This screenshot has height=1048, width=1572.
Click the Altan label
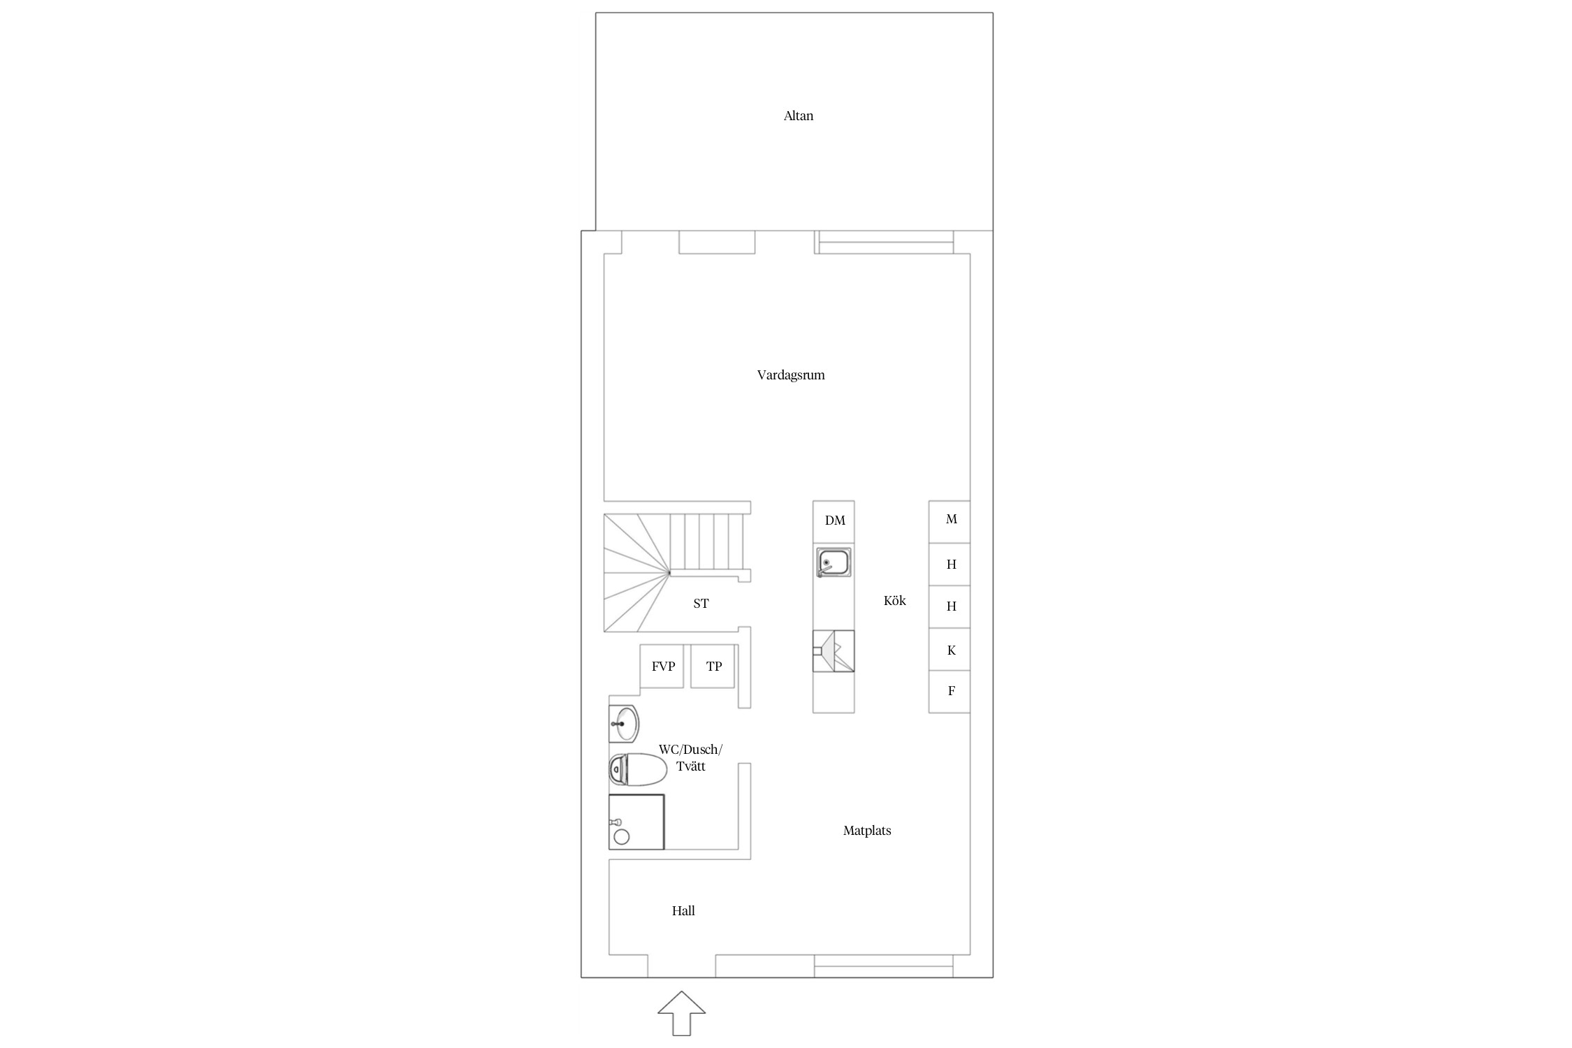pyautogui.click(x=798, y=116)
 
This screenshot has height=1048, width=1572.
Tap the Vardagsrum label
pyautogui.click(x=791, y=375)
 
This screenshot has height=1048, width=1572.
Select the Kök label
pyautogui.click(x=894, y=600)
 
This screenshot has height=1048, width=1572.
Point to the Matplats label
pyautogui.click(x=867, y=831)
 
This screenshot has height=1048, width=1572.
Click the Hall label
pyautogui.click(x=683, y=910)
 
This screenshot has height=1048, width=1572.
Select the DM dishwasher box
pyautogui.click(x=834, y=521)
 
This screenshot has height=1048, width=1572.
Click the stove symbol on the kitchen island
pyautogui.click(x=834, y=651)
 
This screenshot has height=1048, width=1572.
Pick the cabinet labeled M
pyautogui.click(x=949, y=522)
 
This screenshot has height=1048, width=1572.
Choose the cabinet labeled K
pyautogui.click(x=949, y=650)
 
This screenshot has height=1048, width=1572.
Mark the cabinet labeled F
pyautogui.click(x=949, y=692)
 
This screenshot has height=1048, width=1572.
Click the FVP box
pyautogui.click(x=662, y=666)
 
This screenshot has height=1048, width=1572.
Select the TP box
pyautogui.click(x=713, y=666)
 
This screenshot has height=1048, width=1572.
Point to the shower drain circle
pyautogui.click(x=621, y=836)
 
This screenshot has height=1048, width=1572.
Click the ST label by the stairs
pyautogui.click(x=701, y=604)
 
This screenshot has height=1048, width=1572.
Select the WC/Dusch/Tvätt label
pyautogui.click(x=690, y=758)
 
